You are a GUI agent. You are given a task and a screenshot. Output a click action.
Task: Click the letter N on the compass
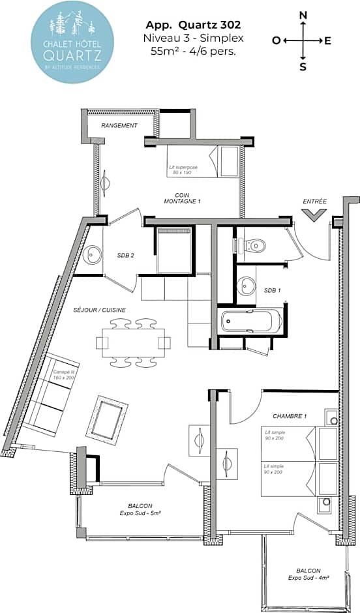pos(303,15)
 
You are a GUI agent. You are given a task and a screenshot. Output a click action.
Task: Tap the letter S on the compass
pos(303,66)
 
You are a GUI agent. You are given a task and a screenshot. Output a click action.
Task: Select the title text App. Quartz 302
pos(193,25)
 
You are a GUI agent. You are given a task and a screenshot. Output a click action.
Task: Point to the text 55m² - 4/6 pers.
pos(193,51)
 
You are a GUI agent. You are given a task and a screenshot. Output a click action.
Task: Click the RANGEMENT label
pos(119,125)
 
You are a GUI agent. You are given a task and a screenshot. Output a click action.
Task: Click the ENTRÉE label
pos(314,201)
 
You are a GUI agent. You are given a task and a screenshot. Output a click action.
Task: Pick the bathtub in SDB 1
pos(251,321)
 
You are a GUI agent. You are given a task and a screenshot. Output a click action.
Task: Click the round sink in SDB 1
pos(247,285)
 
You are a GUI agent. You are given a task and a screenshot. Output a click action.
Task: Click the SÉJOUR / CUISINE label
pos(100,310)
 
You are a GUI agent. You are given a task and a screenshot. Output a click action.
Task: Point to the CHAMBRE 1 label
pos(290,415)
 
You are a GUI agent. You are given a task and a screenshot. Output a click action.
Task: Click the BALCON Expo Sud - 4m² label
pos(308,573)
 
